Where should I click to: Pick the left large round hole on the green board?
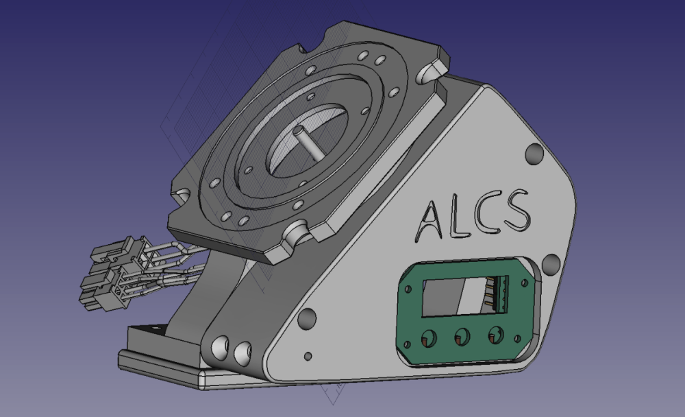coord(429,338)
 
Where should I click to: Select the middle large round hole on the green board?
coord(462,337)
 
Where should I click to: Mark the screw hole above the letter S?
coord(535,154)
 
